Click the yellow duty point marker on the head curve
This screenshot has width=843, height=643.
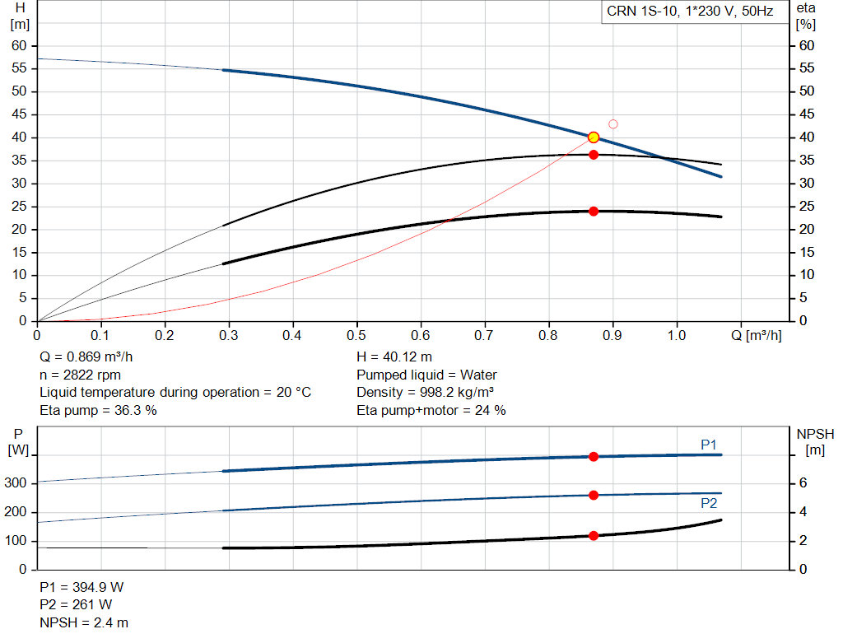(594, 137)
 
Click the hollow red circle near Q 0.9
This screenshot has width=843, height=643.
(613, 124)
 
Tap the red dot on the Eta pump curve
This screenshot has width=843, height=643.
(594, 155)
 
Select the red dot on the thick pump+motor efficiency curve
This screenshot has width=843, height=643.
(594, 212)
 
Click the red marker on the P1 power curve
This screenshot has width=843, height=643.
(594, 456)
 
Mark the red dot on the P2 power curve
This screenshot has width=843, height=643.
(594, 495)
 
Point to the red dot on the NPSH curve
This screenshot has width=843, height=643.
(594, 536)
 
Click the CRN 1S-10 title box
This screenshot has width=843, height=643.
(690, 12)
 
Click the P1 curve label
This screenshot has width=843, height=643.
(709, 445)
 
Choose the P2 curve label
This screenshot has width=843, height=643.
(709, 503)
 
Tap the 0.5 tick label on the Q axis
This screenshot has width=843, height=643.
(356, 336)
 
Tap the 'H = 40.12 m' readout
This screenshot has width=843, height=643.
(394, 356)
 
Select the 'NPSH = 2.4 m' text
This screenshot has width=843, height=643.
(84, 623)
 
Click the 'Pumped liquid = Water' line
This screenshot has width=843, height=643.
(426, 375)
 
